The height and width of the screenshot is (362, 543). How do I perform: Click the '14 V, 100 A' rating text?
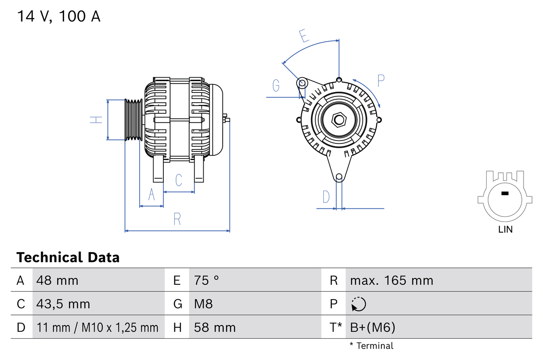[x=59, y=17]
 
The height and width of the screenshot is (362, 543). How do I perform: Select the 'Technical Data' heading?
[x=68, y=258]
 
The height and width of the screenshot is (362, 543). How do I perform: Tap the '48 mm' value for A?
[x=57, y=280]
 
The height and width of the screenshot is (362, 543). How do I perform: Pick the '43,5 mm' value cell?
[x=63, y=304]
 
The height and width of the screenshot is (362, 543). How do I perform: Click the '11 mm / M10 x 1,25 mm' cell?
[x=98, y=327]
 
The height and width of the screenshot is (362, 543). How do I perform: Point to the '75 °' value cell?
[x=207, y=280]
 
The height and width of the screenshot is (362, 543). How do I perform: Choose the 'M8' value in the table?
[x=203, y=304]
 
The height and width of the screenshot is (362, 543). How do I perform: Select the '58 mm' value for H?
[x=215, y=327]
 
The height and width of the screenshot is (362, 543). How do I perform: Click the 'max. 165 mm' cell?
[x=392, y=280]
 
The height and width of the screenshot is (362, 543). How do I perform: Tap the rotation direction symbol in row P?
[x=358, y=304]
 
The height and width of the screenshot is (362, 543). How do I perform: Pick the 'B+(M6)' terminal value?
[x=372, y=327]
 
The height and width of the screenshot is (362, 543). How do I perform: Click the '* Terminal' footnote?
[x=371, y=346]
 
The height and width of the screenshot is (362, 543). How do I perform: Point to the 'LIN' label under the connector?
[x=505, y=230]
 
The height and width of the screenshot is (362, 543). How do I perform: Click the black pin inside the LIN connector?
[x=505, y=194]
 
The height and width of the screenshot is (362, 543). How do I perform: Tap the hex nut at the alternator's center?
[x=339, y=119]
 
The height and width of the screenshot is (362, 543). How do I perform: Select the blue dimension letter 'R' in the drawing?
[x=177, y=219]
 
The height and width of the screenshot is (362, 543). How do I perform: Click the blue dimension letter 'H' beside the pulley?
[x=97, y=120]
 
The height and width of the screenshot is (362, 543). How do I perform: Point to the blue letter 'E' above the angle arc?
[x=304, y=36]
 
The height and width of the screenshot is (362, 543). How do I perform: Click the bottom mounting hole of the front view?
[x=339, y=177]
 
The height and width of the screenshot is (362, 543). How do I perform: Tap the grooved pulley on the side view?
[x=133, y=120]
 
